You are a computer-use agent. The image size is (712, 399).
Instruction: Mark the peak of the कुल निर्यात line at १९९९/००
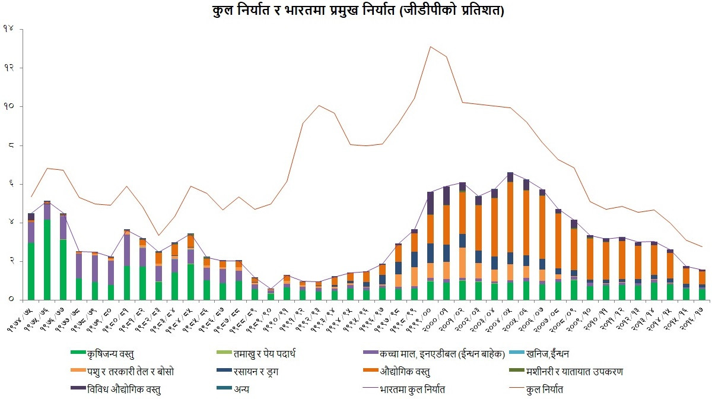click(x=431, y=46)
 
